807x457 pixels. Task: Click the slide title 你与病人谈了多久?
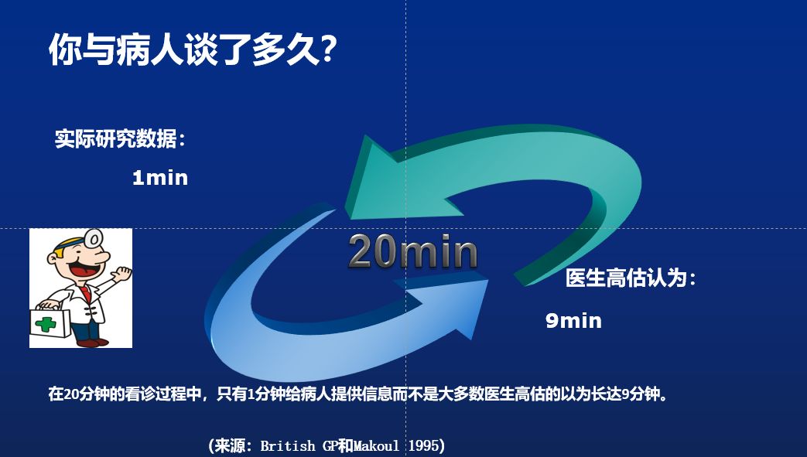[x=193, y=49]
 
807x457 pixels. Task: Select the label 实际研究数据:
[x=120, y=139]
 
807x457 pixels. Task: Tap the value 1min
[x=160, y=178]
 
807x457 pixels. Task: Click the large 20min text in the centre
[x=412, y=251]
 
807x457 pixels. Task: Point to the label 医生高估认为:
[x=631, y=278]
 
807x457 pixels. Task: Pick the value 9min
[x=573, y=321]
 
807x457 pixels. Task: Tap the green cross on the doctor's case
[x=46, y=324]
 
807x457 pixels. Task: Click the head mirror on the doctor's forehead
[x=94, y=238]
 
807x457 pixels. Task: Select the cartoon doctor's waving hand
[x=122, y=274]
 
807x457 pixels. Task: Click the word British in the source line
[x=288, y=445]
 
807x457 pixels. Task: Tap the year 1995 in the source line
[x=424, y=445]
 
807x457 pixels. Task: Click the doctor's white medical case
[x=50, y=322]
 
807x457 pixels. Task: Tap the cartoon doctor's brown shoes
[x=93, y=342]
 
